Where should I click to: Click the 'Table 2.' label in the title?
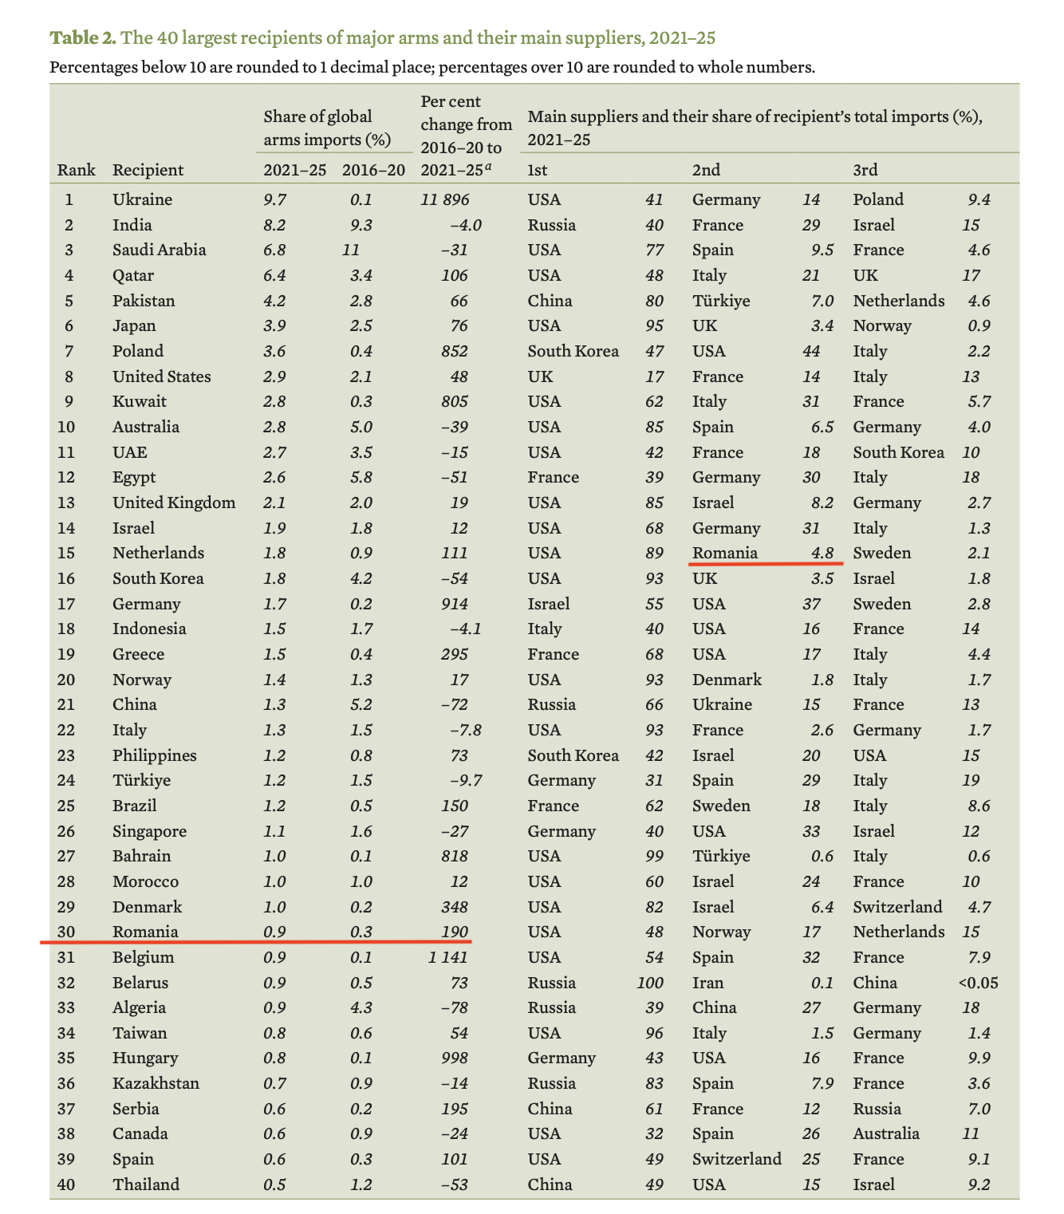pyautogui.click(x=83, y=37)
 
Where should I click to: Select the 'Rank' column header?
pyautogui.click(x=76, y=170)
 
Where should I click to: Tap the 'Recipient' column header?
pyautogui.click(x=148, y=170)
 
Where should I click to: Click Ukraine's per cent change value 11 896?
pyautogui.click(x=444, y=199)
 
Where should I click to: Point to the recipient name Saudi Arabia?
pyautogui.click(x=159, y=250)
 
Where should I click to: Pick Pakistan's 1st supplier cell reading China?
pyautogui.click(x=550, y=301)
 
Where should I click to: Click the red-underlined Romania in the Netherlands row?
pyautogui.click(x=724, y=553)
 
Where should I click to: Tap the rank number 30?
pyautogui.click(x=66, y=932)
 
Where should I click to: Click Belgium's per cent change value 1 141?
pyautogui.click(x=444, y=957)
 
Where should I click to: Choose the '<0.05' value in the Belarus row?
pyautogui.click(x=977, y=983)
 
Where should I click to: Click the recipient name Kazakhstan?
pyautogui.click(x=156, y=1083)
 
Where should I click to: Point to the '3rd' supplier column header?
pyautogui.click(x=865, y=170)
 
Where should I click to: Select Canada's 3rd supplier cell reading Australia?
pyautogui.click(x=886, y=1133)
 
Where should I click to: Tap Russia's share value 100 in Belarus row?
pyautogui.click(x=650, y=983)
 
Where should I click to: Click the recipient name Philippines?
pyautogui.click(x=154, y=755)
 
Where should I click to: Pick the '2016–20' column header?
pyautogui.click(x=373, y=170)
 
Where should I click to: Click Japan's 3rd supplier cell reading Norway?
pyautogui.click(x=881, y=325)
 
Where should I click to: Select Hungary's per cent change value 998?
pyautogui.click(x=454, y=1058)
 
